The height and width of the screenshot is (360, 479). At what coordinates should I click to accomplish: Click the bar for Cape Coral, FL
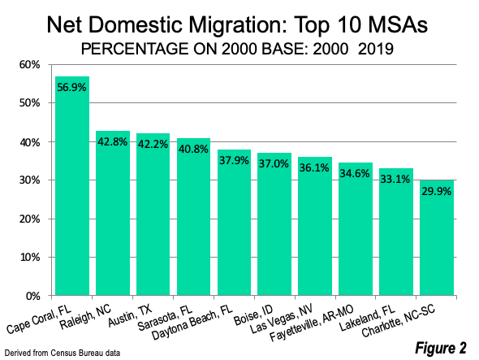coord(72,185)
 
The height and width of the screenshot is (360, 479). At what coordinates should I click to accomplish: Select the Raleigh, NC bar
coord(113,213)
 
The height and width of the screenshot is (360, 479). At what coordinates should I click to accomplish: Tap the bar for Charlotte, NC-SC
coord(437,237)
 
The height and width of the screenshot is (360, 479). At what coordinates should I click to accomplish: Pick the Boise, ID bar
coord(274,224)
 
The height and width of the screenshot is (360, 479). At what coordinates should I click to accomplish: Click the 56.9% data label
coord(71,88)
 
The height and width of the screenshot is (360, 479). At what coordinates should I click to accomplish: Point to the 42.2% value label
coord(153,144)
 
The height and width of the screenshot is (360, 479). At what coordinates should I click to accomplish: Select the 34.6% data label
coord(355,174)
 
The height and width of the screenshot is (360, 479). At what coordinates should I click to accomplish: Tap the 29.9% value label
coord(437,192)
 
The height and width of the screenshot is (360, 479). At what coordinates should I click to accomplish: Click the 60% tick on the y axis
coord(30,65)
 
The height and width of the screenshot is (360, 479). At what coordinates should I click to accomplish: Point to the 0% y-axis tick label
coord(32,296)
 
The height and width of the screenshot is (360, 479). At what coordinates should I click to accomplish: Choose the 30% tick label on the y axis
coord(30,180)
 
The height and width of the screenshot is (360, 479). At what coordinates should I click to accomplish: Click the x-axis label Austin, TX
coord(130,315)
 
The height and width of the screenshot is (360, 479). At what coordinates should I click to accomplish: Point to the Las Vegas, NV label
coord(282,319)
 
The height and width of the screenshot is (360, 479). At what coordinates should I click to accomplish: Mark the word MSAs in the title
coord(398,24)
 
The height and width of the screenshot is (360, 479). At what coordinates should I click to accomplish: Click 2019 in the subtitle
coord(375,49)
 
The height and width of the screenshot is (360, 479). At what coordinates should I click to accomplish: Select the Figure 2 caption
coord(441,348)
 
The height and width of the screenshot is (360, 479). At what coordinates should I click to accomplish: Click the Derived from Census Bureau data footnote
coord(63,353)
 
